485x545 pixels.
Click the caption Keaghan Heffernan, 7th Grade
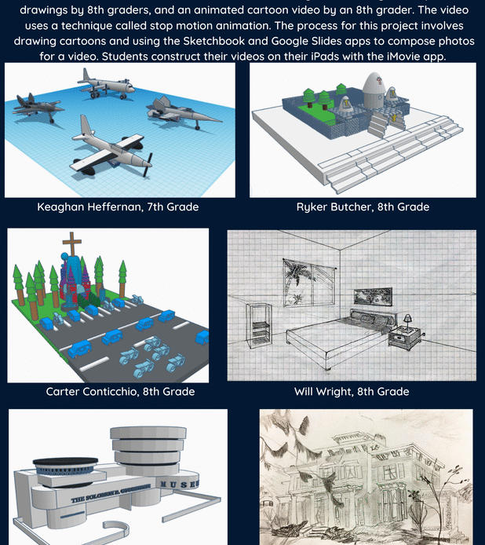click(118, 207)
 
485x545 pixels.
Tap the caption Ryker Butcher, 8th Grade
click(363, 207)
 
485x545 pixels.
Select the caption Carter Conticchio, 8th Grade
click(120, 391)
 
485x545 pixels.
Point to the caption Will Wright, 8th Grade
click(352, 391)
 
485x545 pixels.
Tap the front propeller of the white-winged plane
click(149, 165)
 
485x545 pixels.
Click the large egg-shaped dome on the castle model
click(373, 90)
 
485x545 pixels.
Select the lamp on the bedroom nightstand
click(407, 321)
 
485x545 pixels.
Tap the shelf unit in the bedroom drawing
click(259, 324)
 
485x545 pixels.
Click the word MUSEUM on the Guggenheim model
click(180, 485)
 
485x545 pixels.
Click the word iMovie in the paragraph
click(404, 57)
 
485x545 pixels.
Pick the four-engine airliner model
click(105, 85)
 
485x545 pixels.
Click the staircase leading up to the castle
click(377, 125)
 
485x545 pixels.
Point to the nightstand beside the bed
click(403, 338)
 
